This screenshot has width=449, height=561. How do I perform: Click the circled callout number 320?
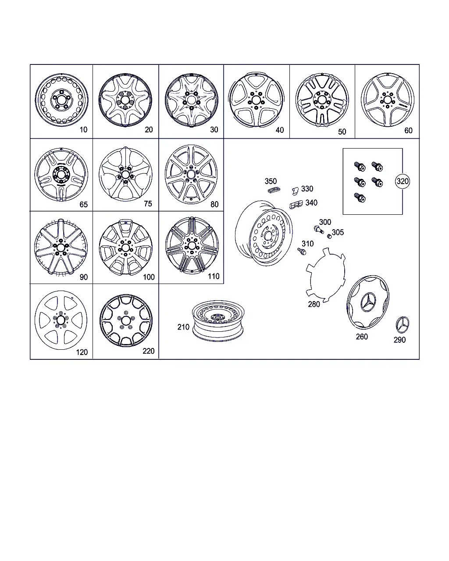402,181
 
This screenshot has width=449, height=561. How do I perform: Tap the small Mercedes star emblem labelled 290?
402,325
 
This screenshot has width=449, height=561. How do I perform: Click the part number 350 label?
271,181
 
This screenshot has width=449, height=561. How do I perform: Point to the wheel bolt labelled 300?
319,229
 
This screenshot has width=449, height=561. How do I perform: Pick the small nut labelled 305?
329,236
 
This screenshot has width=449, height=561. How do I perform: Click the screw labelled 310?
302,251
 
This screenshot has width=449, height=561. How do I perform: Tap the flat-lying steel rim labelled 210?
218,321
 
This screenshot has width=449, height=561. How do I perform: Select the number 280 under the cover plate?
314,304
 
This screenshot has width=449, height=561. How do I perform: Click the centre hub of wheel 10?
61,99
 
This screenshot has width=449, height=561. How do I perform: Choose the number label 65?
83,204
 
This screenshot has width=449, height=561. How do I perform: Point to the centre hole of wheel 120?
61,320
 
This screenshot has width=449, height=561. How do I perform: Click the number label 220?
149,351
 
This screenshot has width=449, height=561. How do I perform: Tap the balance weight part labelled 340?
296,204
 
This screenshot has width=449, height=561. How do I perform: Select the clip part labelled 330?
295,191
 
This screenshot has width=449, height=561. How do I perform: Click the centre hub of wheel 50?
322,100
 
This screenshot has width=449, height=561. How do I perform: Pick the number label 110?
214,276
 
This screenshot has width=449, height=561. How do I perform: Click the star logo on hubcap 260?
369,302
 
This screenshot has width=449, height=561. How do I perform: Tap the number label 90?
83,277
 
